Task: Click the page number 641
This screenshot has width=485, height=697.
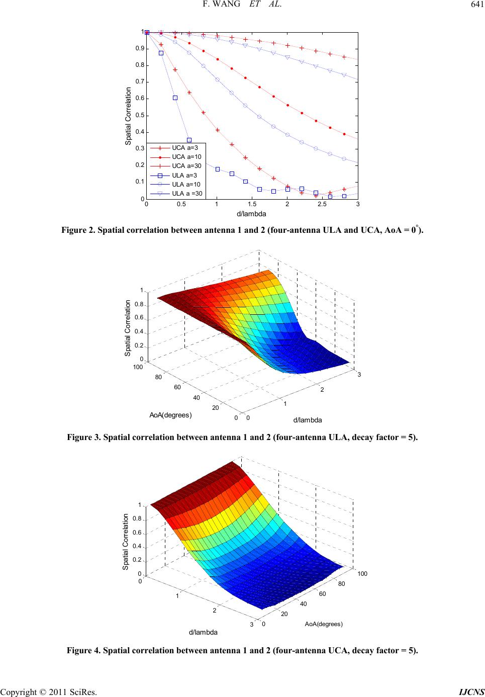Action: coord(477,5)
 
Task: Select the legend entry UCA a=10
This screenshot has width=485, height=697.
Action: coord(176,157)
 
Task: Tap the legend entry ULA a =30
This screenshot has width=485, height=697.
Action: coord(176,194)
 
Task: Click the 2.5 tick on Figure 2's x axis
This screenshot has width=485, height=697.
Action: coord(322,204)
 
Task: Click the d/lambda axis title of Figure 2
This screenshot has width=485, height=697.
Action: coord(251,214)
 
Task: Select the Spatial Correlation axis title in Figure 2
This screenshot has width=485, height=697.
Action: coord(128,116)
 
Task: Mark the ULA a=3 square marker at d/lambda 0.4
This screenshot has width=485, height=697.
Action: coord(175,98)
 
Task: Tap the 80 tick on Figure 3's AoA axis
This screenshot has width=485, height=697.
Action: coord(158,377)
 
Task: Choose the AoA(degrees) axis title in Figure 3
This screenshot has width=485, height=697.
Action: coord(171,415)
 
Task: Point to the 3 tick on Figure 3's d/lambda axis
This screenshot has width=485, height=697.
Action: coord(359,375)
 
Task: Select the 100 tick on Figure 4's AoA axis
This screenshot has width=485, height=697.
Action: coord(362,573)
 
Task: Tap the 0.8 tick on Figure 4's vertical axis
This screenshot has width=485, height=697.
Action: coord(137,518)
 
